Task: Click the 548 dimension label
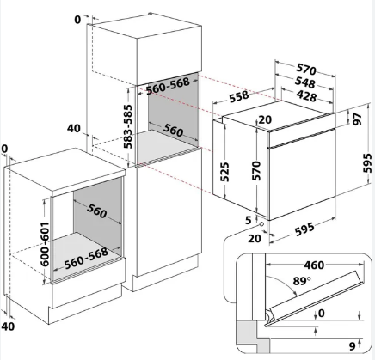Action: [305, 82]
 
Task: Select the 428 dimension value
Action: [306, 95]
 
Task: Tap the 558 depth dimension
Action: [239, 96]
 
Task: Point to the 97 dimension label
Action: [357, 119]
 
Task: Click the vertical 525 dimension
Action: [225, 172]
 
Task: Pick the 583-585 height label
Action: [128, 126]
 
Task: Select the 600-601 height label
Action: [44, 244]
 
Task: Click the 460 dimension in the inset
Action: [314, 265]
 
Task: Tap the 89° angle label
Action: [302, 281]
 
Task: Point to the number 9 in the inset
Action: [353, 346]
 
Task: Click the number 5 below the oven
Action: [249, 220]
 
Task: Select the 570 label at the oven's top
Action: [306, 69]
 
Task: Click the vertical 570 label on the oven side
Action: [256, 171]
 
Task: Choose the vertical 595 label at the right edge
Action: [367, 162]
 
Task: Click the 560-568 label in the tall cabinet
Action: [168, 86]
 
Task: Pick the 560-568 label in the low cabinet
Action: [86, 258]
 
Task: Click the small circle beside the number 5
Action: [261, 223]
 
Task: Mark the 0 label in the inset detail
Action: [322, 314]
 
